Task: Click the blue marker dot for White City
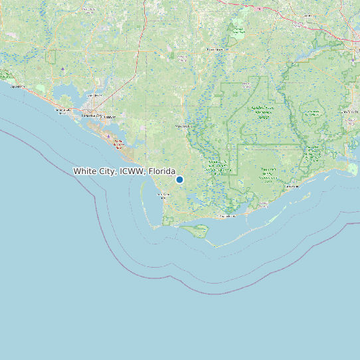(x=179, y=179)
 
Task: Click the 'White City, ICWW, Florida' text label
(x=124, y=171)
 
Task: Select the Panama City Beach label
(x=64, y=112)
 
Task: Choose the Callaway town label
(x=110, y=118)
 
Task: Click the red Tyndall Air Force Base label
(x=118, y=143)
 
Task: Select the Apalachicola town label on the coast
(x=228, y=216)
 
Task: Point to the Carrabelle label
(x=293, y=187)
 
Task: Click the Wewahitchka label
(x=183, y=125)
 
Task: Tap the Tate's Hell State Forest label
(x=268, y=174)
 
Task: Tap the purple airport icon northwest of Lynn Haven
(x=62, y=68)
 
